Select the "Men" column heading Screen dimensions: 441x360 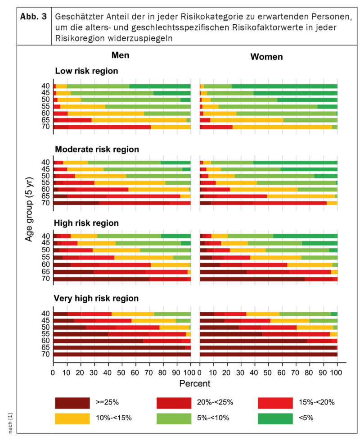pyautogui.click(x=121, y=55)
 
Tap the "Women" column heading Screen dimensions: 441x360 pyautogui.click(x=266, y=57)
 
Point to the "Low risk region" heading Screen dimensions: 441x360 pyautogui.click(x=86, y=71)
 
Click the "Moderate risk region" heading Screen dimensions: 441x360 pyautogui.click(x=97, y=149)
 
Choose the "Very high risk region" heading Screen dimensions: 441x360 pyautogui.click(x=96, y=298)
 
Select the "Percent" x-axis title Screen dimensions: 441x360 pyautogui.click(x=194, y=383)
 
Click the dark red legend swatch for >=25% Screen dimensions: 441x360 pyautogui.click(x=72, y=402)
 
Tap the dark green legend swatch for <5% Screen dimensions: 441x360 pyautogui.click(x=275, y=418)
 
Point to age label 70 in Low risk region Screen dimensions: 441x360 pyautogui.click(x=46, y=127)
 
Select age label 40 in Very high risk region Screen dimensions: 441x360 pyautogui.click(x=46, y=314)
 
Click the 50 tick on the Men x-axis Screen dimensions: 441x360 pyautogui.click(x=122, y=373)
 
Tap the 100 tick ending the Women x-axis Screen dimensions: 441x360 pyautogui.click(x=337, y=373)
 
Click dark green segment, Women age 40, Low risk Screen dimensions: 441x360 pyautogui.click(x=284, y=86)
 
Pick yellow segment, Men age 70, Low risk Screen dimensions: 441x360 pyautogui.click(x=171, y=127)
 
